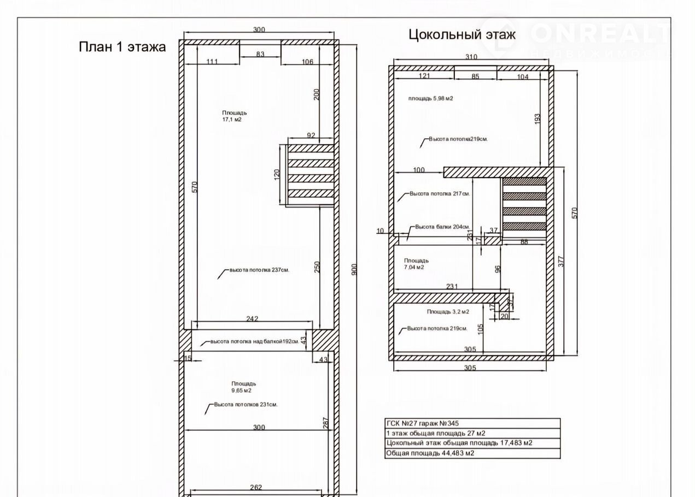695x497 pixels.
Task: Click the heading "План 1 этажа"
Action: tap(122, 47)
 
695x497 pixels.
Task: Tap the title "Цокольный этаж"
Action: tap(462, 34)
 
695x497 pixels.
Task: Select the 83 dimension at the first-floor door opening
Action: tap(260, 54)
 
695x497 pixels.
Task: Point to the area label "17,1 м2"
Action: tap(232, 120)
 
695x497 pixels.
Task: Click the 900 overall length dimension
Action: tap(355, 269)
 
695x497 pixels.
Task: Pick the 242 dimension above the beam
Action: tap(252, 318)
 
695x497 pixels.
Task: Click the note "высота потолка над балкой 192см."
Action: tap(255, 341)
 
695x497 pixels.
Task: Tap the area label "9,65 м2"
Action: tap(241, 390)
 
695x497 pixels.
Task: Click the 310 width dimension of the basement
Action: tap(471, 57)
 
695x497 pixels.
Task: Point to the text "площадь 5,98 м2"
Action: tap(431, 98)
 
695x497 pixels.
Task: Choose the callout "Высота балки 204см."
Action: tap(442, 227)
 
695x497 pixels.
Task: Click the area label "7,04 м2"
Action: tap(414, 267)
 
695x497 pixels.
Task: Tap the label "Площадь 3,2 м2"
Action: tap(448, 312)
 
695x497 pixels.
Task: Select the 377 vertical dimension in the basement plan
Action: tap(561, 262)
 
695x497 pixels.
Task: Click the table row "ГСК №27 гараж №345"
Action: tap(422, 423)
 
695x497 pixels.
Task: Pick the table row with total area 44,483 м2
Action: tap(430, 453)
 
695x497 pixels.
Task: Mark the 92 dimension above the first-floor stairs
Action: tap(311, 135)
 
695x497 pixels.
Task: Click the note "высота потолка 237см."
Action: tap(259, 270)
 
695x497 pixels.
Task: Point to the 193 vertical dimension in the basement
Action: tap(538, 119)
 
